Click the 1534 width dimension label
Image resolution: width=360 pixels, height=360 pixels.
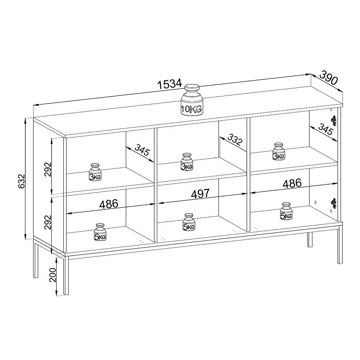170,84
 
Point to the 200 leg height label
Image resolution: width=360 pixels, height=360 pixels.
53,275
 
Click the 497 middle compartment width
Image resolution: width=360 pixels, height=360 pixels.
200,194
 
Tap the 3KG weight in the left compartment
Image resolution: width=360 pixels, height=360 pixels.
95,172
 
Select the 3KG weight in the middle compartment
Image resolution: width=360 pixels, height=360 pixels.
187,162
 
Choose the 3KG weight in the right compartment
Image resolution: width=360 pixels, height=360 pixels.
279,151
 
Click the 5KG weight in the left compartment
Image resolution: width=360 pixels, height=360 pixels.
100,232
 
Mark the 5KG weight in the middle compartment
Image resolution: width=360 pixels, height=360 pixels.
189,222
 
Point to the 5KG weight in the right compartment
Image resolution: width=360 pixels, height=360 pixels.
286,211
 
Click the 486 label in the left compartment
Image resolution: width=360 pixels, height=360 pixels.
109,204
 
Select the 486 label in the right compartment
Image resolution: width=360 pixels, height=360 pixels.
292,183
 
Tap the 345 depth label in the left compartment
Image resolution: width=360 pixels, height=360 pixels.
142,150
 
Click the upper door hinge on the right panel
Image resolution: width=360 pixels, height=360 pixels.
334,120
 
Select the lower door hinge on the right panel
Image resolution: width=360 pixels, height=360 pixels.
334,203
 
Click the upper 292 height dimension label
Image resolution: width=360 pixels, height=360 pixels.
48,169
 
